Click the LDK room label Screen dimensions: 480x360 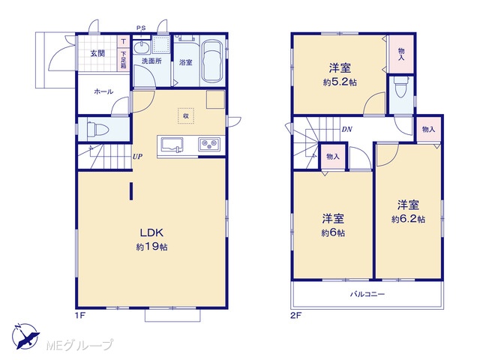click(151, 233)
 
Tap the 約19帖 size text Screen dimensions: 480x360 click(151, 247)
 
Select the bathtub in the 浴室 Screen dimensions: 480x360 click(212, 62)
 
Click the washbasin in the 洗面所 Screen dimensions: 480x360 click(142, 48)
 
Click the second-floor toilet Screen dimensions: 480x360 click(401, 87)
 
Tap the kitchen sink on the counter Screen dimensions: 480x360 click(172, 145)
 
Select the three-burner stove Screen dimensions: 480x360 click(208, 143)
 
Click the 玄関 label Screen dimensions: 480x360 click(97, 53)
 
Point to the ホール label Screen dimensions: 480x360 click(103, 91)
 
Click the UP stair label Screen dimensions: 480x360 click(137, 157)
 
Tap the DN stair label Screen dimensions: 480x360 click(346, 130)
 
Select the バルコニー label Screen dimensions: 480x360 click(367, 295)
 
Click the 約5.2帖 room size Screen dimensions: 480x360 click(340, 82)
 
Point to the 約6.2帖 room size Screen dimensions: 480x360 click(408, 219)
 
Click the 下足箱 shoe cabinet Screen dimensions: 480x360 click(124, 59)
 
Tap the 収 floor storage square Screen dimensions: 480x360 click(186, 115)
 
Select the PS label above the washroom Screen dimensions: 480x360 click(141, 28)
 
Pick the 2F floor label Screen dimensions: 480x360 click(295, 316)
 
